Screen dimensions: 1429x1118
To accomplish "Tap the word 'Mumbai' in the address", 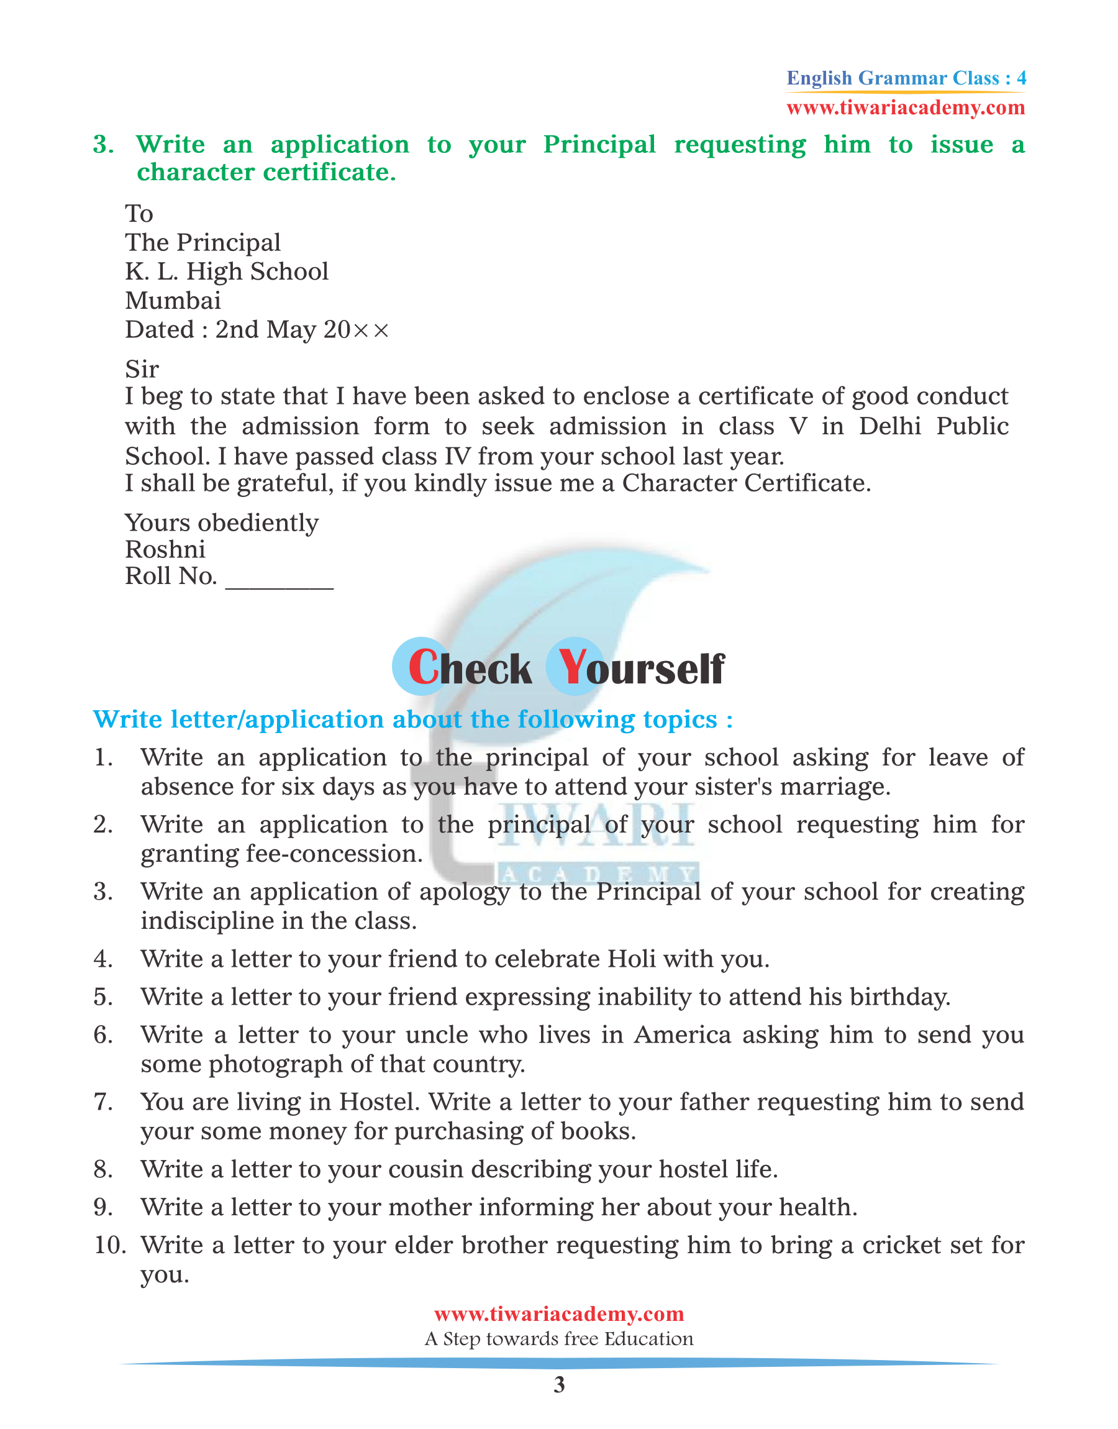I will click(173, 301).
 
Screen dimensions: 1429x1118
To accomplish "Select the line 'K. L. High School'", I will click(227, 271).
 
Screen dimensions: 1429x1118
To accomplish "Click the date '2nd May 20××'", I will click(302, 329).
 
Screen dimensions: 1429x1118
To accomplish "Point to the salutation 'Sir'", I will click(142, 369).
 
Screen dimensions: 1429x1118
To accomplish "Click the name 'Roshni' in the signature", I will click(165, 549).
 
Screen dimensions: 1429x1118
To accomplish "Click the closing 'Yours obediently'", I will click(221, 523).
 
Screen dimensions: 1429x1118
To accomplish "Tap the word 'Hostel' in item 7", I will click(378, 1102).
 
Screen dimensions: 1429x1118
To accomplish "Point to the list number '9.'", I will click(104, 1207).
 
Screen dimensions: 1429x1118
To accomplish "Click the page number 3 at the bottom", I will click(559, 1384).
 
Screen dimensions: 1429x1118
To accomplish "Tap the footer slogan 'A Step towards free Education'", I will click(559, 1339).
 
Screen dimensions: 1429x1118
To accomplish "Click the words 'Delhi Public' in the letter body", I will click(934, 426).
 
